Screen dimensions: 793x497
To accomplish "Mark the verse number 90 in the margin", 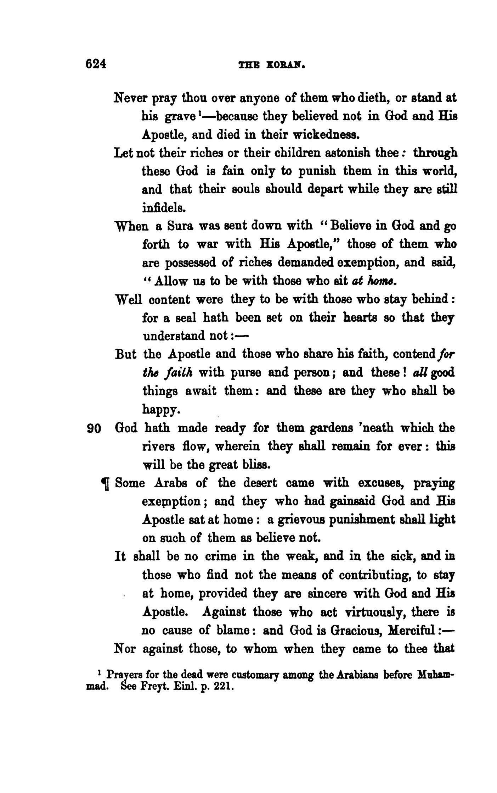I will [95, 429].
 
